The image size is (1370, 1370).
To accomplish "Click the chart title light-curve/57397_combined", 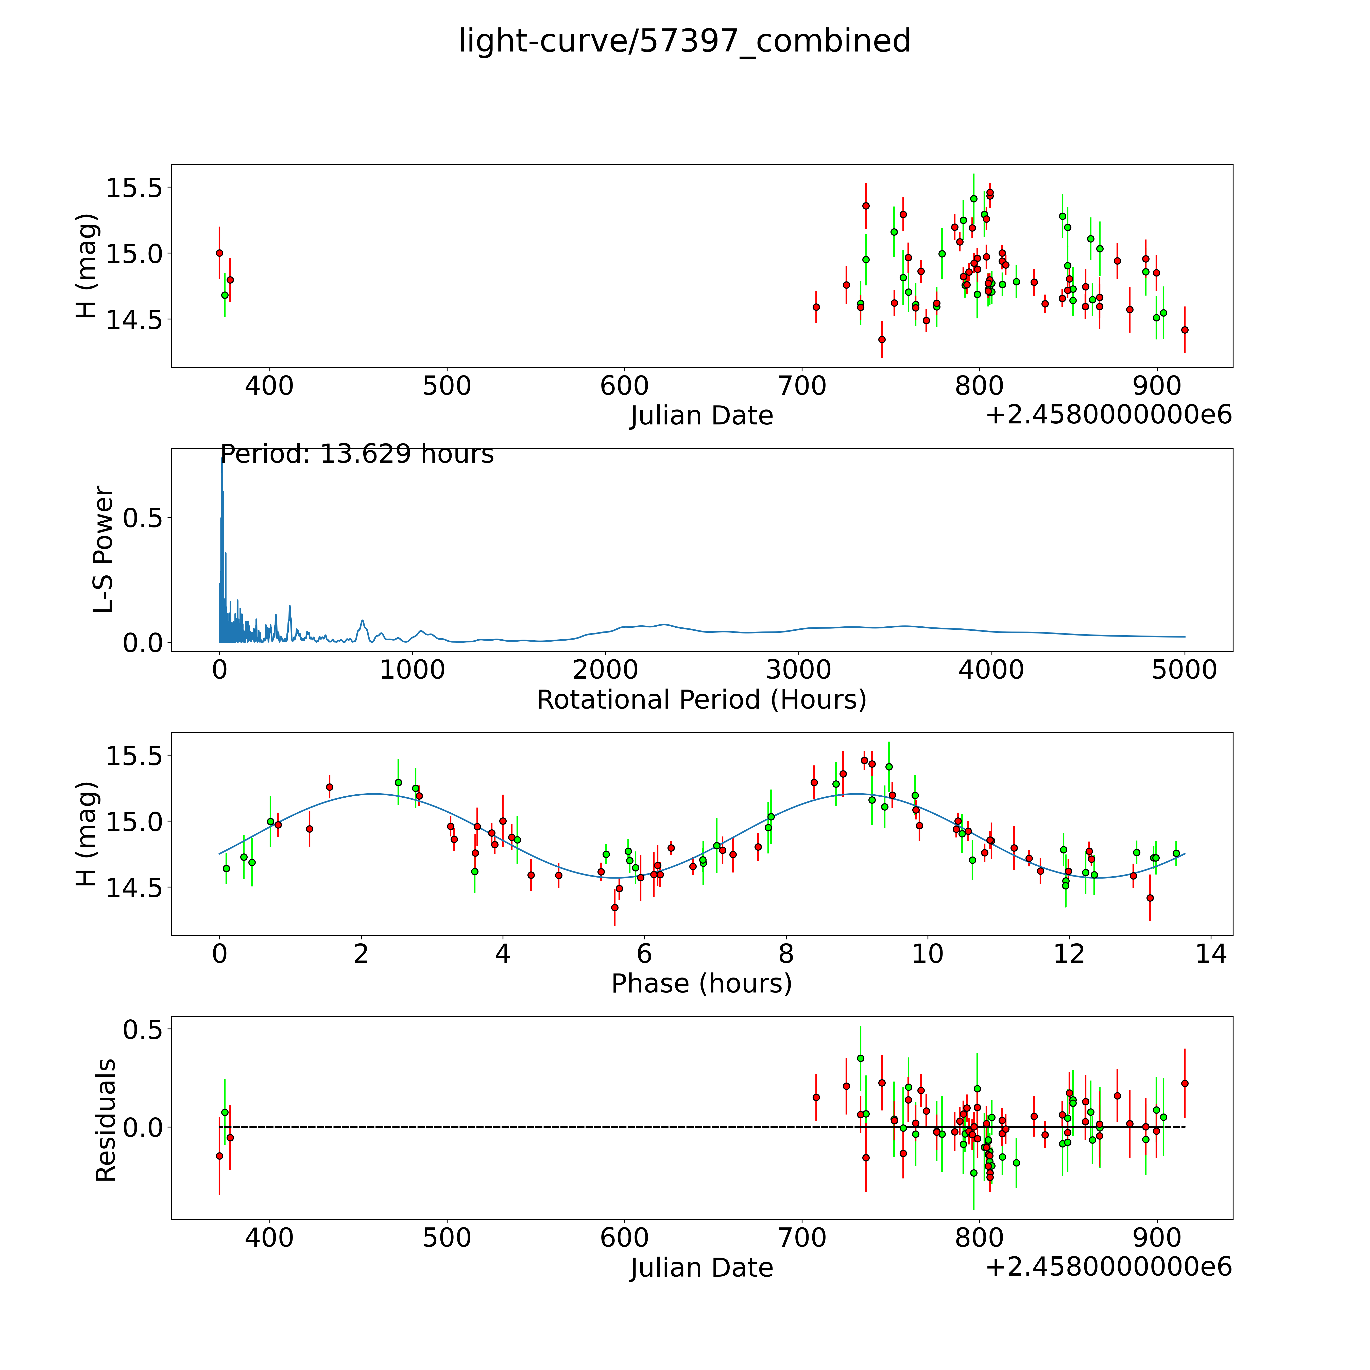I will pyautogui.click(x=684, y=41).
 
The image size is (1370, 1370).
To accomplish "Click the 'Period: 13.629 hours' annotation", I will pyautogui.click(x=357, y=454).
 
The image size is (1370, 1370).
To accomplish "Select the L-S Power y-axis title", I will pyautogui.click(x=104, y=550).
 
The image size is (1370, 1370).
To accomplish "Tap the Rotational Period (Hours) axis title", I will pyautogui.click(x=701, y=700).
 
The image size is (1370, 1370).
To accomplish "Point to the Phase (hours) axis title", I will pyautogui.click(x=701, y=984).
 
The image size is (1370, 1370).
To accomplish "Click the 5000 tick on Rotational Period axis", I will pyautogui.click(x=1184, y=670).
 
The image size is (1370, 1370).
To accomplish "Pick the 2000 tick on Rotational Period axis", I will pyautogui.click(x=606, y=670).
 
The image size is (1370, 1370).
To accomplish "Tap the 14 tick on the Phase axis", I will pyautogui.click(x=1210, y=954).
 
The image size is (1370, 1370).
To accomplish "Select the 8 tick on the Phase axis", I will pyautogui.click(x=786, y=954).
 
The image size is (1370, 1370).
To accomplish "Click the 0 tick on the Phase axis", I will pyautogui.click(x=220, y=954).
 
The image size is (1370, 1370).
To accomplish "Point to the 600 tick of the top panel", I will pyautogui.click(x=624, y=386).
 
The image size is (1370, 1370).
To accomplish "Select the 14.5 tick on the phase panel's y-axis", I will pyautogui.click(x=134, y=887).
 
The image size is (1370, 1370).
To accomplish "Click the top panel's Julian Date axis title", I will pyautogui.click(x=701, y=416).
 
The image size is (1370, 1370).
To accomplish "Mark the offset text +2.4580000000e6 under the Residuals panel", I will pyautogui.click(x=1108, y=1266).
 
